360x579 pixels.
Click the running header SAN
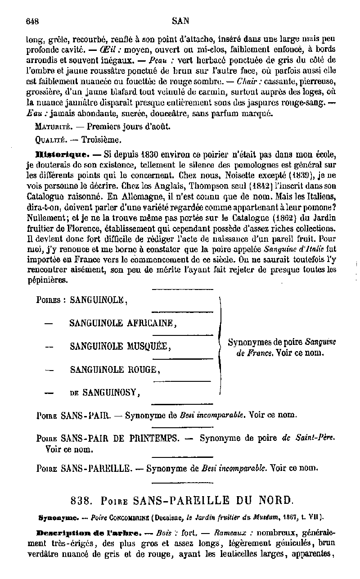point(180,21)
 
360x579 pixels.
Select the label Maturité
point(50,127)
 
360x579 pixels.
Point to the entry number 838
point(81,500)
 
